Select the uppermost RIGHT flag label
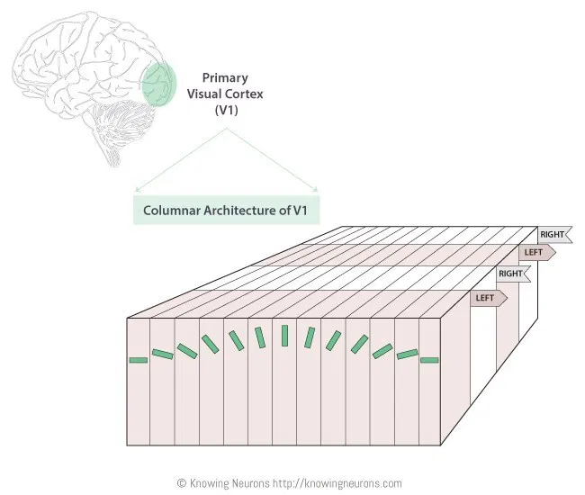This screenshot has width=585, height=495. [x=553, y=235]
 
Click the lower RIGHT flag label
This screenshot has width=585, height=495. [x=511, y=273]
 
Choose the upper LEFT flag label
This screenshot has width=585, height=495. [x=535, y=252]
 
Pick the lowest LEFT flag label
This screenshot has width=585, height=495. [x=487, y=296]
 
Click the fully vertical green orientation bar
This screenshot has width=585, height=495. [x=284, y=335]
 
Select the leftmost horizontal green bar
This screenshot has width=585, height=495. [x=138, y=360]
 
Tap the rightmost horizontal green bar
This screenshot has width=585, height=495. [x=429, y=360]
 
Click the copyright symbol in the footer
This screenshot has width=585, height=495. [x=181, y=483]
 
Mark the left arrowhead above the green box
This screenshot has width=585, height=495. [x=136, y=190]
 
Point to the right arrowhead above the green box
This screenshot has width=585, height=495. [x=317, y=190]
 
